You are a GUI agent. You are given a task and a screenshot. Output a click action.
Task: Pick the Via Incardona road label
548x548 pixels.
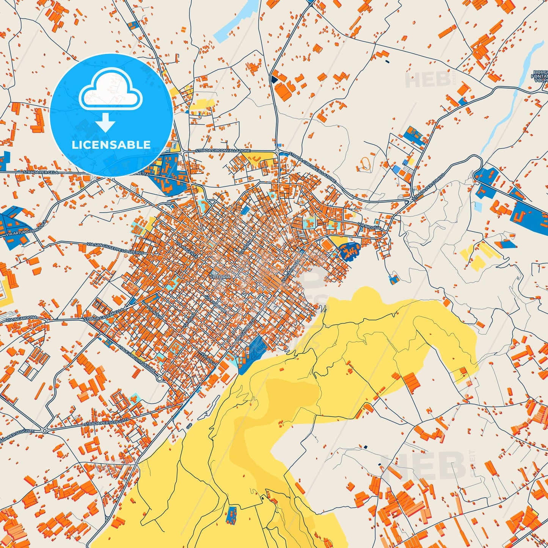coord(21,319)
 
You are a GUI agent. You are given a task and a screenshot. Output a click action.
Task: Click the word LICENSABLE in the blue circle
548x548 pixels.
coord(111,144)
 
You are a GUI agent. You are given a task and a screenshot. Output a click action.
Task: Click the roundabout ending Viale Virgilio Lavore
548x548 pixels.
coord(160,379)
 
